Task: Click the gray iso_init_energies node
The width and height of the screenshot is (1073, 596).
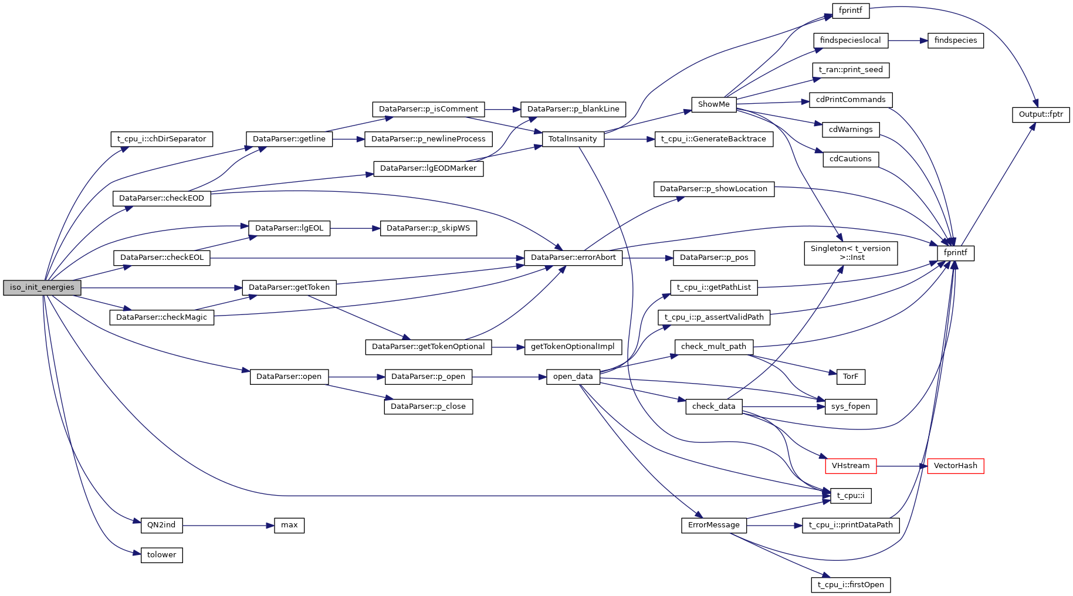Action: (x=42, y=287)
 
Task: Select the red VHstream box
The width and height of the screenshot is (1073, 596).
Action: (x=850, y=466)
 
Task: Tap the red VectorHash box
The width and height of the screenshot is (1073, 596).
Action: (x=955, y=466)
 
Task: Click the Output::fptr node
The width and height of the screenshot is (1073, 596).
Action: (x=1040, y=114)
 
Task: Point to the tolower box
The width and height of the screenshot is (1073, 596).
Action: (x=161, y=555)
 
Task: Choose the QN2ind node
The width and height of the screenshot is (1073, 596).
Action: (x=161, y=525)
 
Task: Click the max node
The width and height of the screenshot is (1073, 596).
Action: (x=289, y=525)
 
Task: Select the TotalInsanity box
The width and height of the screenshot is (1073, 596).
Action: (x=572, y=139)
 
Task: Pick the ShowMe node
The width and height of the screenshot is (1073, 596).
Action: (x=713, y=104)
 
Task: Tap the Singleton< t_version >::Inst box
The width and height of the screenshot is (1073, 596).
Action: (x=850, y=253)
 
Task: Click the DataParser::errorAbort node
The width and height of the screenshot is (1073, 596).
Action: (x=573, y=258)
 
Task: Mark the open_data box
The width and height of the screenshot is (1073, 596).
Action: (x=573, y=377)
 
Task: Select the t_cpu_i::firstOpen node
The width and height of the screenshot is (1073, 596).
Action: (x=850, y=585)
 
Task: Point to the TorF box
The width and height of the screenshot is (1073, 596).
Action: (x=850, y=377)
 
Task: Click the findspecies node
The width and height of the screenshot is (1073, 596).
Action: (x=955, y=40)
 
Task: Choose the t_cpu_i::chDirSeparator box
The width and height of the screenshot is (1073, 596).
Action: (x=161, y=139)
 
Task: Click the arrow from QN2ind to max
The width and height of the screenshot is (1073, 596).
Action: (x=228, y=525)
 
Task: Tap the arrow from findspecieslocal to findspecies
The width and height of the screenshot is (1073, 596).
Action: (x=908, y=40)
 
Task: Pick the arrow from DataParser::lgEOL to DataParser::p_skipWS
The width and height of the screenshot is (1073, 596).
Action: (x=355, y=228)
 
